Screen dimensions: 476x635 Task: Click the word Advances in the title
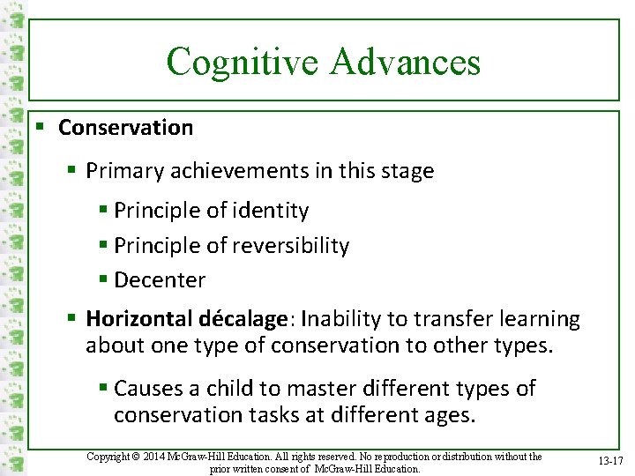[x=406, y=63]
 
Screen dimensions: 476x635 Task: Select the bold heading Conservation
[x=125, y=128]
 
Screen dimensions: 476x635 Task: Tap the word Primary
[x=122, y=171]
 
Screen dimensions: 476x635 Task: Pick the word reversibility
[x=292, y=246]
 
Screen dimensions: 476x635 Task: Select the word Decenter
[x=160, y=280]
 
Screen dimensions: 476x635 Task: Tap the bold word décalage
[x=246, y=318]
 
